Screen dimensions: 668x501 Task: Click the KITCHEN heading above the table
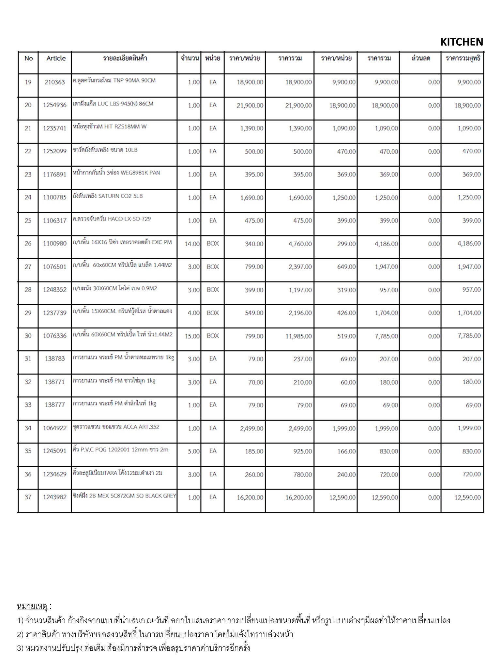[462, 42]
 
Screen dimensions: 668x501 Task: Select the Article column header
[56, 58]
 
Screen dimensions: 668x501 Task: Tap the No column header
[29, 58]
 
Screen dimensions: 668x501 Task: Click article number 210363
[55, 82]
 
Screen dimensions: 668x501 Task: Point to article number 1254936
[55, 105]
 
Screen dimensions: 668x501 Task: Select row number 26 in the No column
[28, 244]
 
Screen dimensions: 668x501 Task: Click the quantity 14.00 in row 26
[192, 244]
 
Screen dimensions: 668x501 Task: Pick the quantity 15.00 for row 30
[192, 336]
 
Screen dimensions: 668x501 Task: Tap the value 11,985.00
[298, 336]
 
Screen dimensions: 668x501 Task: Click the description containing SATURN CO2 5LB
[108, 196]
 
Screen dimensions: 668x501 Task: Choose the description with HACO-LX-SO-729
[112, 219]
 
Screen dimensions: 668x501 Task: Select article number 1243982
[55, 497]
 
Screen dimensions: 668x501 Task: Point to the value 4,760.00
[300, 244]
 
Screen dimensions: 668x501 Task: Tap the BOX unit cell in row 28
[213, 290]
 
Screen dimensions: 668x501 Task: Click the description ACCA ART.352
[116, 427]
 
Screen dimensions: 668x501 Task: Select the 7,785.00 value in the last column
[469, 336]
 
